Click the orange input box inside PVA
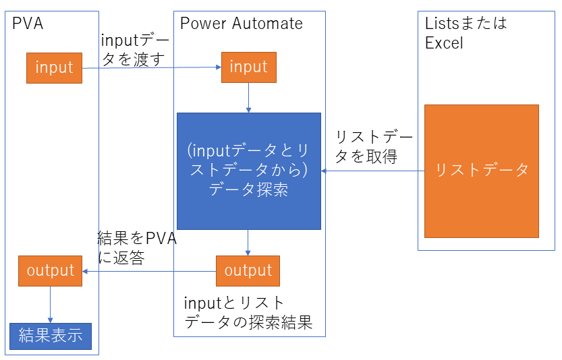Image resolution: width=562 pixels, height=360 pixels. tap(54, 68)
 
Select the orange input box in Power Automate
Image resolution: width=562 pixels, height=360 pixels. tap(248, 67)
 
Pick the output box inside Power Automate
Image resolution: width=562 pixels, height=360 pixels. tap(248, 271)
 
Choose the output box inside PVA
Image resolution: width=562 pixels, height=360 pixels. tap(51, 271)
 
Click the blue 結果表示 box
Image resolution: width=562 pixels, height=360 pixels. tap(50, 335)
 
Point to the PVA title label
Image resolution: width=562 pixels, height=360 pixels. tap(28, 24)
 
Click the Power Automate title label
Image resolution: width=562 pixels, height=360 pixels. tap(241, 24)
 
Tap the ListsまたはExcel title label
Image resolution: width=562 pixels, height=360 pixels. tap(465, 32)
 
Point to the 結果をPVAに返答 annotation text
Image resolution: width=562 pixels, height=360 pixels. tap(136, 247)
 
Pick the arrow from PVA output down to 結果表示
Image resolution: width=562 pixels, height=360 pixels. tap(51, 304)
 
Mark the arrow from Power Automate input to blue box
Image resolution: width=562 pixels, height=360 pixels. tap(248, 98)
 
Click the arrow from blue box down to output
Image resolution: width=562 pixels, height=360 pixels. tap(248, 243)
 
